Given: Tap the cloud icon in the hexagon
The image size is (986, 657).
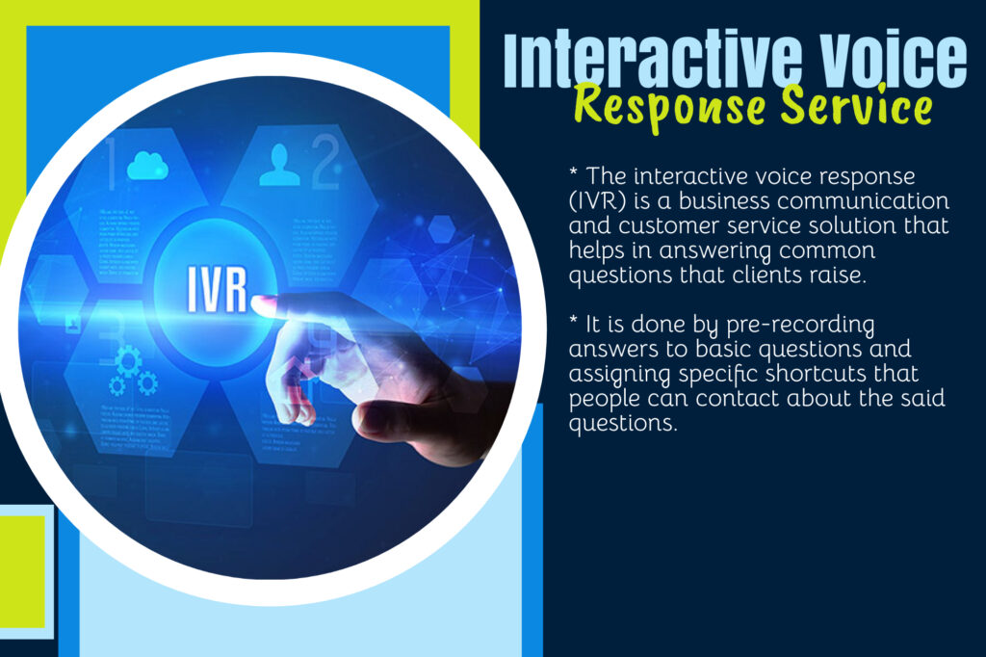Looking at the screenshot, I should pos(147,166).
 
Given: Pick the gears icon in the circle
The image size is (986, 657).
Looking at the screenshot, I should pos(131,371).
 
